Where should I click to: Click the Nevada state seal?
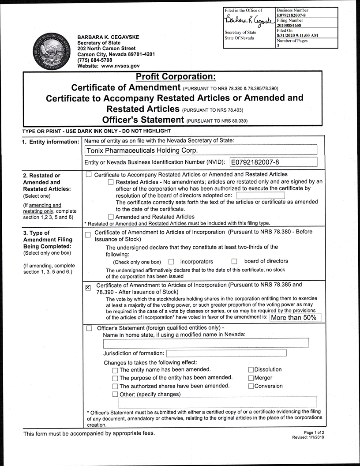pyautogui.click(x=50, y=51)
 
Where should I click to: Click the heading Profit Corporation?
pyautogui.click(x=176, y=77)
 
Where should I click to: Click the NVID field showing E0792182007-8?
pyautogui.click(x=273, y=162)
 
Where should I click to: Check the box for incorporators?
pyautogui.click(x=172, y=262)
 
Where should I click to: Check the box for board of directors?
pyautogui.click(x=235, y=262)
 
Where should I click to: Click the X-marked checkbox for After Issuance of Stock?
pyautogui.click(x=88, y=288)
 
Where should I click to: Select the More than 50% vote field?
pyautogui.click(x=296, y=317)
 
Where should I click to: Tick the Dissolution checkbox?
pyautogui.click(x=251, y=370)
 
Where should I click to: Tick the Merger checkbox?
pyautogui.click(x=251, y=378)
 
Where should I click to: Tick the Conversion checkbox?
pyautogui.click(x=251, y=387)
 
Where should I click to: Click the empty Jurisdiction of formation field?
pyautogui.click(x=226, y=353)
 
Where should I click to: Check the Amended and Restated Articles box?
pyautogui.click(x=111, y=217)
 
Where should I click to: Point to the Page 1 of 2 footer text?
pyautogui.click(x=314, y=432)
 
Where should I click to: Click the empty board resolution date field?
pyautogui.click(x=260, y=195)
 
